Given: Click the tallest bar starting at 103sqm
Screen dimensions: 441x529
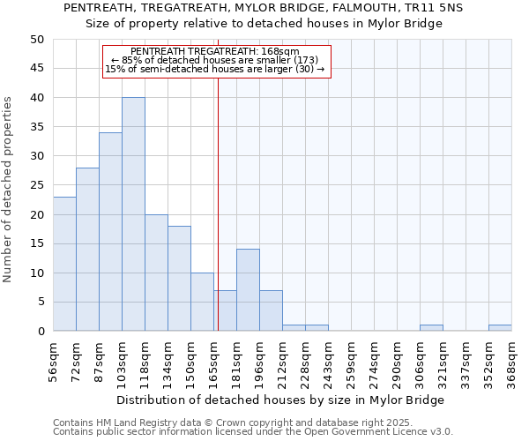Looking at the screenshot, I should [133, 214].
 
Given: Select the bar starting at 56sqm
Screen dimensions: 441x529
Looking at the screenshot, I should [64, 264].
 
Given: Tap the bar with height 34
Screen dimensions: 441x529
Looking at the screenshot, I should [110, 232].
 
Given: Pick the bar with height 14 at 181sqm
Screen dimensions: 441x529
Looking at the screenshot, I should [248, 290].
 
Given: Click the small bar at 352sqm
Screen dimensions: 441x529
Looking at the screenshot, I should [500, 328].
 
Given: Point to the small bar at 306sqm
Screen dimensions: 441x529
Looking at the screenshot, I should [431, 328].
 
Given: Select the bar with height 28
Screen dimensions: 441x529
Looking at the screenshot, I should [87, 250].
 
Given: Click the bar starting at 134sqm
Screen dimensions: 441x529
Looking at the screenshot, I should [179, 279].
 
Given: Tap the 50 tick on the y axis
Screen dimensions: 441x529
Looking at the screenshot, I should [36, 40].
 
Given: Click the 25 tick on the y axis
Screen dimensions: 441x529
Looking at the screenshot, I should [36, 185].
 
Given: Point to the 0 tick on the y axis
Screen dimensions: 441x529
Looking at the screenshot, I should [40, 332].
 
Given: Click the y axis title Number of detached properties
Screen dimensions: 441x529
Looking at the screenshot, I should [9, 190].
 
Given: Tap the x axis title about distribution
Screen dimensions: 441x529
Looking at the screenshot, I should [282, 400].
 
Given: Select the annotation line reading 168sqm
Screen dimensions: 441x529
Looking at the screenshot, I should [215, 52].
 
